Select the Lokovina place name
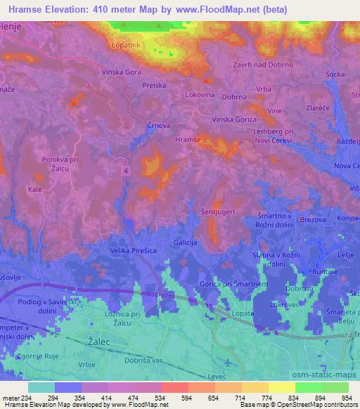(200, 93)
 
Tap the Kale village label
(35, 190)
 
